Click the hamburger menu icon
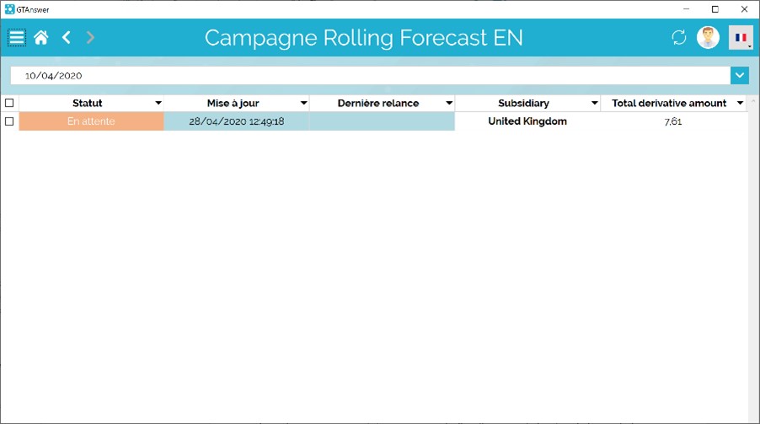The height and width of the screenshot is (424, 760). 17,37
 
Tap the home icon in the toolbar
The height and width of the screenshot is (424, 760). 41,37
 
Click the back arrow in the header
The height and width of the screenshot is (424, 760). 67,37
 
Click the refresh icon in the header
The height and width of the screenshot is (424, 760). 678,37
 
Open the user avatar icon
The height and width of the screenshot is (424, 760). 708,37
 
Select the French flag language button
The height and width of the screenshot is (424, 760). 741,37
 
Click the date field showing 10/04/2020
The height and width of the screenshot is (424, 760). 370,75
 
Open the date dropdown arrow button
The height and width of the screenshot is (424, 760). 740,75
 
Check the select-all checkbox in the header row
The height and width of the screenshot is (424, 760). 9,103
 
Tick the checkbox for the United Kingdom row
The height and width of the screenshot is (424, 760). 9,121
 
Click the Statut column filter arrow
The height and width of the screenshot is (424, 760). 158,103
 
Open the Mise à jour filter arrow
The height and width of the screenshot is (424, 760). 303,103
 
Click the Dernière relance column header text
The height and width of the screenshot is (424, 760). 378,103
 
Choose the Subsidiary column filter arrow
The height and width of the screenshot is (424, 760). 594,103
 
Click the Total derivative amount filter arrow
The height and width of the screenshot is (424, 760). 740,103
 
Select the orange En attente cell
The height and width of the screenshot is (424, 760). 91,121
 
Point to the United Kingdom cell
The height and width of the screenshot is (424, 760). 527,121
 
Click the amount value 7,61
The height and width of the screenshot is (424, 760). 672,121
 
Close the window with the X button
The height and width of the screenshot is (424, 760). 744,9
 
